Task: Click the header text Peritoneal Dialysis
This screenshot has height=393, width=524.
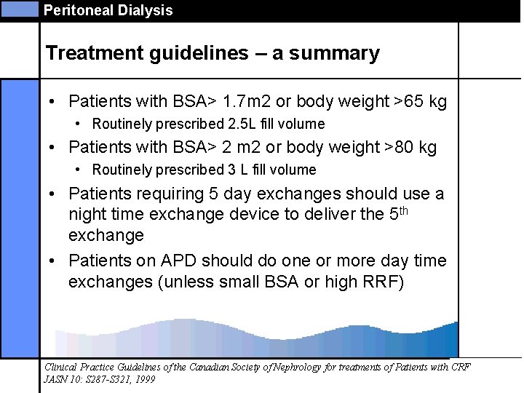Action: pyautogui.click(x=108, y=10)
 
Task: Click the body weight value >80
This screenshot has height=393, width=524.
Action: pyautogui.click(x=400, y=147)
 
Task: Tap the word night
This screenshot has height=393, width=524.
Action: pyautogui.click(x=87, y=214)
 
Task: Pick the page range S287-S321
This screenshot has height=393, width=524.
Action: pyautogui.click(x=100, y=379)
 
